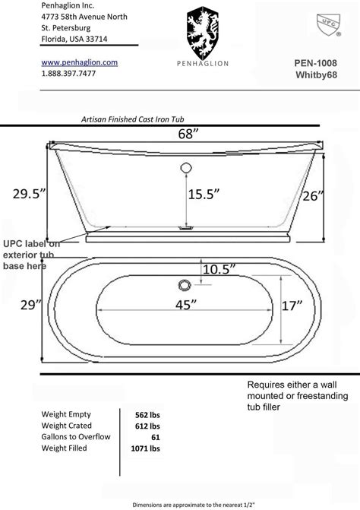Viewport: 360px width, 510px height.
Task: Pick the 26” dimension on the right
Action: point(310,195)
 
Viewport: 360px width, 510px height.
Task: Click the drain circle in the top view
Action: point(182,285)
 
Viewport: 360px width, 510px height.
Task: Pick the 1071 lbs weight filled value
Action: point(146,448)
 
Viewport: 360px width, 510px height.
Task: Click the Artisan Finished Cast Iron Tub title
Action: point(133,119)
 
